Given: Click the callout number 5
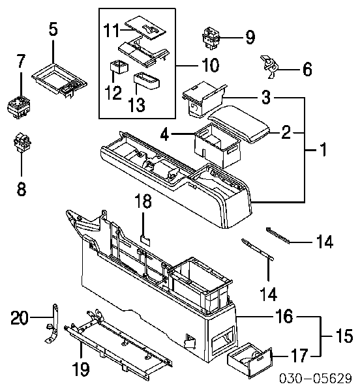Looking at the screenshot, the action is [53, 29].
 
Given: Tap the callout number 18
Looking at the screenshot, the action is [143, 201].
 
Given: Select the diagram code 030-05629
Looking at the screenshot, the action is [316, 378].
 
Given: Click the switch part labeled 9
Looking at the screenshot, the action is [211, 38].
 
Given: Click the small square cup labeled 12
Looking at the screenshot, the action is [119, 67].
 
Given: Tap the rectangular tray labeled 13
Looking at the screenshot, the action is [147, 81].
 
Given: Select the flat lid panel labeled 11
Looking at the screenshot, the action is [145, 27].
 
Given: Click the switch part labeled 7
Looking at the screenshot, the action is [19, 108].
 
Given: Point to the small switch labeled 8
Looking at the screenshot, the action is [22, 143].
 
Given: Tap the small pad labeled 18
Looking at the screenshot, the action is [145, 240].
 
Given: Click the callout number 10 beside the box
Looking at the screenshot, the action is [211, 65].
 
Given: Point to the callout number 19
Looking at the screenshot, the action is [81, 369].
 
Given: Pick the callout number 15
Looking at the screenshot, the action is [344, 336].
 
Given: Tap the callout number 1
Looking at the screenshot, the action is [323, 149].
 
